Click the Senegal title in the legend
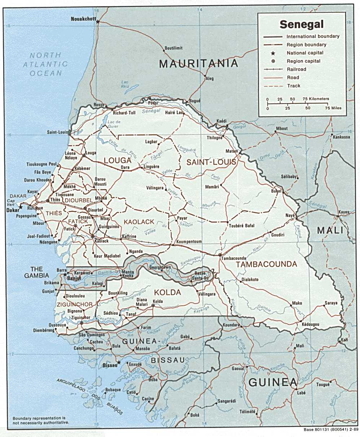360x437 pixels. [302, 25]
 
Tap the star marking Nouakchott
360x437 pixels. [98, 22]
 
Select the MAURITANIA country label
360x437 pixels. [199, 64]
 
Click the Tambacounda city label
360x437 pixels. [233, 259]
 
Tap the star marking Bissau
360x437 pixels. [118, 362]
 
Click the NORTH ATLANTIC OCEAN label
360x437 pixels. [45, 64]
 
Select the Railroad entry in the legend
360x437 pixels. [296, 69]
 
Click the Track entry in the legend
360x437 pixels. [294, 86]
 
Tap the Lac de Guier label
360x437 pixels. [114, 124]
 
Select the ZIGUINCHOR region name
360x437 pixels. [74, 305]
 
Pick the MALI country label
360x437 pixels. [330, 230]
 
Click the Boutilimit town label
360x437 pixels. [174, 48]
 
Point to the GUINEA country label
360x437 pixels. [273, 383]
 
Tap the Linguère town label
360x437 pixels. [152, 167]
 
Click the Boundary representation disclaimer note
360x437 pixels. [40, 420]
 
